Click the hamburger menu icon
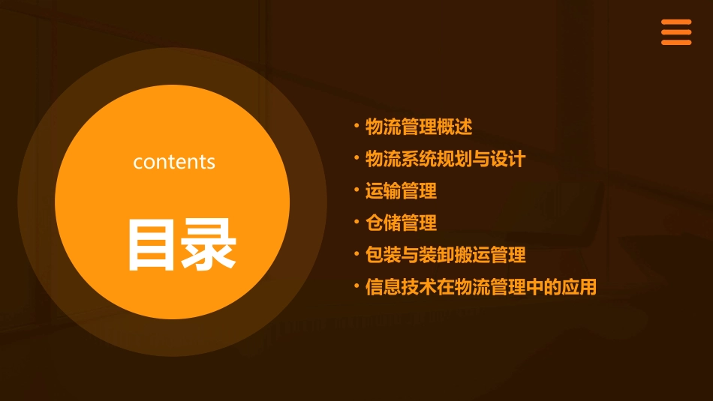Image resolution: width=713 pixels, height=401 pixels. click(x=676, y=32)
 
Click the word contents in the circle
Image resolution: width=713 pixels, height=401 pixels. click(x=174, y=162)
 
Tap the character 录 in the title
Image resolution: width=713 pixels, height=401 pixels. click(x=208, y=244)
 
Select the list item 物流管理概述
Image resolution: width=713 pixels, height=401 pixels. click(x=419, y=127)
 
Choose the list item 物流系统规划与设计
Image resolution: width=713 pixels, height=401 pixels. click(x=445, y=159)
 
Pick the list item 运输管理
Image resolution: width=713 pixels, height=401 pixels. click(x=401, y=191)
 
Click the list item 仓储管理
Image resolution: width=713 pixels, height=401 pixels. click(x=401, y=223)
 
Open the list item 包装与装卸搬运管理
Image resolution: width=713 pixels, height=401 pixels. click(x=445, y=255)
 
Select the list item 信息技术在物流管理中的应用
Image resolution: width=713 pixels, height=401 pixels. click(x=480, y=287)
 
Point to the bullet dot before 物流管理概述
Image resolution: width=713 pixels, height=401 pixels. click(x=356, y=125)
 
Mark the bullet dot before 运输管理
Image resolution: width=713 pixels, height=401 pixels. click(x=356, y=190)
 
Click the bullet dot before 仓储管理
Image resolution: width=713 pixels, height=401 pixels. click(x=356, y=221)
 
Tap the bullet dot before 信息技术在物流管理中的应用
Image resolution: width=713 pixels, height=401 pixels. click(x=356, y=286)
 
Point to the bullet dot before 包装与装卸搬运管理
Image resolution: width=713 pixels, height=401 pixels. click(x=356, y=253)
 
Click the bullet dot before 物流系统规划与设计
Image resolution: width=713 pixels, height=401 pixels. click(x=356, y=157)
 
